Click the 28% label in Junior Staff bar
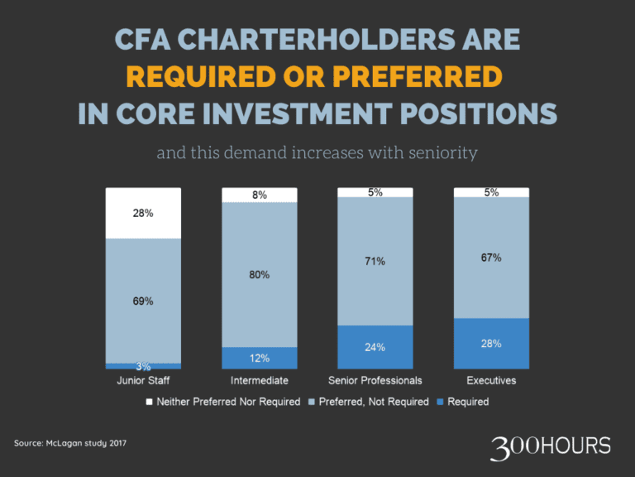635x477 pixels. click(x=143, y=213)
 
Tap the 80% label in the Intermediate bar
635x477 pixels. click(x=259, y=274)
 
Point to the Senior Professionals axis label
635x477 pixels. click(x=375, y=381)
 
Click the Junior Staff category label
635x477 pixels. click(x=142, y=381)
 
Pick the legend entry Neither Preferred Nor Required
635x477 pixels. click(x=222, y=402)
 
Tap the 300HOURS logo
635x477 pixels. click(x=550, y=447)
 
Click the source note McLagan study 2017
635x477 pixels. click(x=70, y=444)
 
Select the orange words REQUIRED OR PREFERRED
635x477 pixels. click(x=314, y=77)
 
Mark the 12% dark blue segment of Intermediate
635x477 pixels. click(x=259, y=358)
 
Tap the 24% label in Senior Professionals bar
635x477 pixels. click(x=375, y=347)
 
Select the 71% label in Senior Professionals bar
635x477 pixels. click(x=375, y=261)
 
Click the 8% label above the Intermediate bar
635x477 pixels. click(x=259, y=195)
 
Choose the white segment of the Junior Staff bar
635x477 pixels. click(x=143, y=213)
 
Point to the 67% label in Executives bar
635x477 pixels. click(x=491, y=258)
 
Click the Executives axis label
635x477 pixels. click(x=491, y=381)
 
